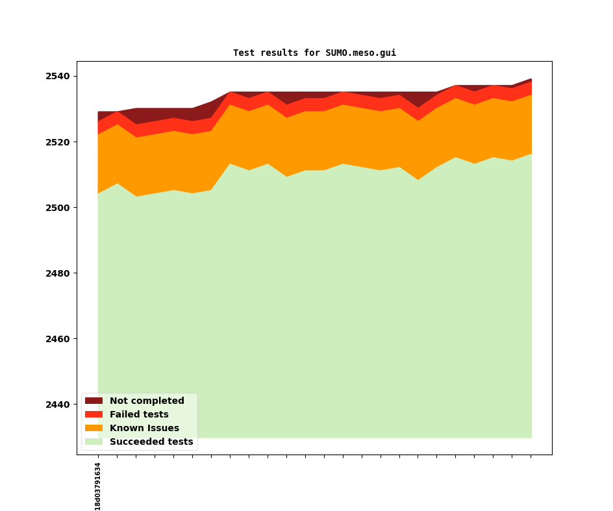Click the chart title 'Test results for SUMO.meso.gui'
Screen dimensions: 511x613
(x=314, y=53)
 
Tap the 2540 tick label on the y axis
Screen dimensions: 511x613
(x=58, y=77)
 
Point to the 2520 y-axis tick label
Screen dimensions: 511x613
(x=58, y=142)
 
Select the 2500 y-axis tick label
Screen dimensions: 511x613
(x=58, y=208)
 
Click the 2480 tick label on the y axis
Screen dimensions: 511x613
(x=58, y=273)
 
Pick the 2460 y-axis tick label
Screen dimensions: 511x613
(x=58, y=339)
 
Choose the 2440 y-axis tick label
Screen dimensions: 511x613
(x=58, y=405)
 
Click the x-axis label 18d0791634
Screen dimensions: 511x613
(x=98, y=486)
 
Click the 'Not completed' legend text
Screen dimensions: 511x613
(x=147, y=401)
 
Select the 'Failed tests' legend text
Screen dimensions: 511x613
(x=139, y=415)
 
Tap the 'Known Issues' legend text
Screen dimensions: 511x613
(x=144, y=429)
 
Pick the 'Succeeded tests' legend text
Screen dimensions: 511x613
(x=151, y=442)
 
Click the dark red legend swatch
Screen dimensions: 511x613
(x=94, y=401)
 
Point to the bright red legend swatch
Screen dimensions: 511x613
(x=94, y=415)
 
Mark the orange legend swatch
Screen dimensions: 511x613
(x=94, y=429)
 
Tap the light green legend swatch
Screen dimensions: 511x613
(x=94, y=442)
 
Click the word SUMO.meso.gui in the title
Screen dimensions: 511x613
(x=360, y=53)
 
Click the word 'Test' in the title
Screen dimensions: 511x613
(x=244, y=53)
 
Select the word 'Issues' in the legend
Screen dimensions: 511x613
(x=163, y=429)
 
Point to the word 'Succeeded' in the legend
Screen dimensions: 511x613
(x=134, y=442)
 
